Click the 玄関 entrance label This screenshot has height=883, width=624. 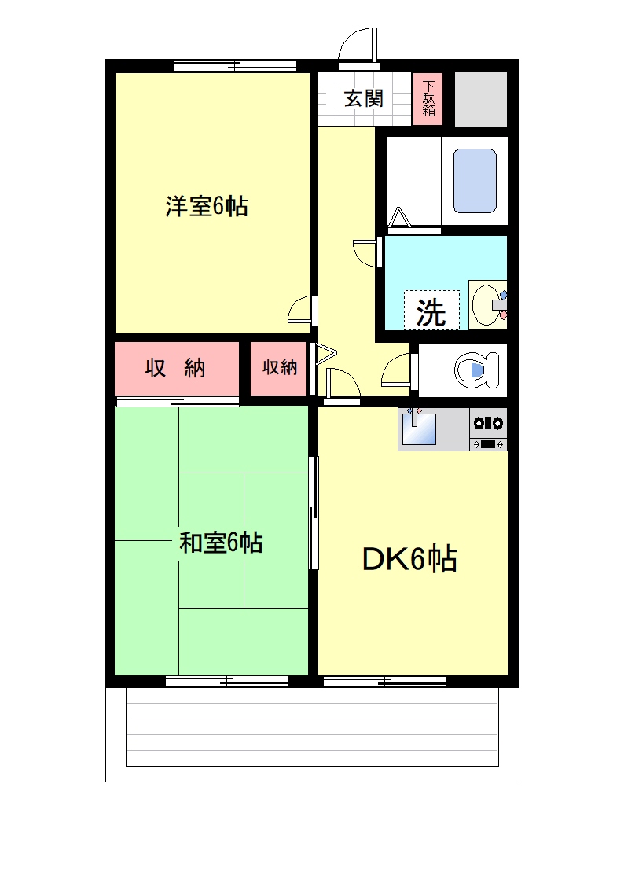pos(364,98)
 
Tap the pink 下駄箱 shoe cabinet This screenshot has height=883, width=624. pos(428,98)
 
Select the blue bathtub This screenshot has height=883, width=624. pos(475,181)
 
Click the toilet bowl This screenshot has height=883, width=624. pos(476,370)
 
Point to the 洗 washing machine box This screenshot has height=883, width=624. pos(431,311)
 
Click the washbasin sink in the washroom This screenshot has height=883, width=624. pos(488,304)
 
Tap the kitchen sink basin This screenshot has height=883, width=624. pos(419,429)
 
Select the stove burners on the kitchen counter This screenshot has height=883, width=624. pos(488,423)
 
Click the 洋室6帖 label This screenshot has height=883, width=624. pos(207,206)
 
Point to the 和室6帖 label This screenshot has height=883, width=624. pos(221,543)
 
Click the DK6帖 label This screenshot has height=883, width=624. pos(409,559)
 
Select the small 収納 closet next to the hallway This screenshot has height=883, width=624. pos(280,368)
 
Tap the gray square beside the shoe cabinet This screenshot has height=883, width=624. pos(480,98)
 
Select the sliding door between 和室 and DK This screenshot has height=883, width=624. pos(314,513)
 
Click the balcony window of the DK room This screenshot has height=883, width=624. pos(385,682)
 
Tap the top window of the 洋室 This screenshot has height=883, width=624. pos(235,66)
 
